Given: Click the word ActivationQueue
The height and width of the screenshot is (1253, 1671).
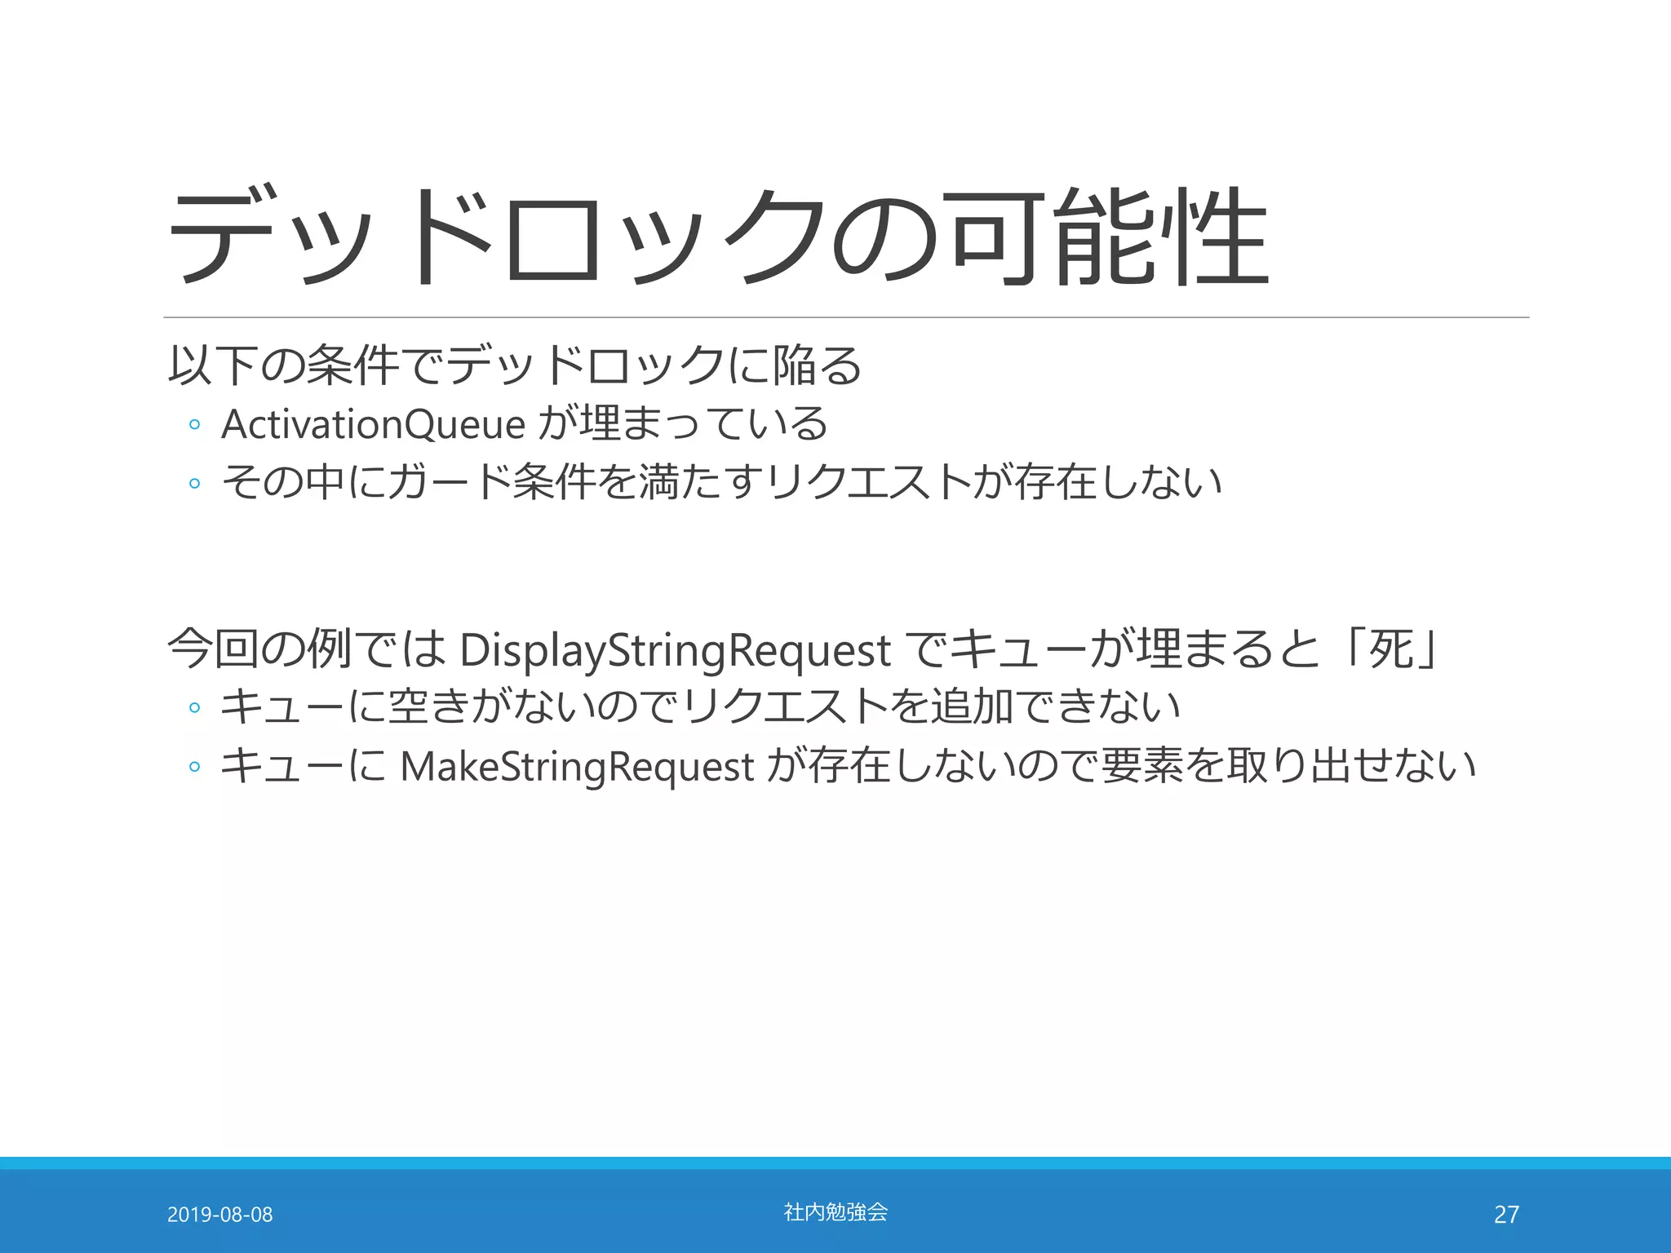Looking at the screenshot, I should (x=373, y=424).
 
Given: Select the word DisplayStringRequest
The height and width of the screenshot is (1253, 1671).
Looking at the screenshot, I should (x=675, y=650).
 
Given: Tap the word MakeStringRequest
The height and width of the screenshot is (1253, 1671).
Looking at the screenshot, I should (x=577, y=767).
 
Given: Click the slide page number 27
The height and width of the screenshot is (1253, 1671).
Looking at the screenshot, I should (x=1506, y=1215).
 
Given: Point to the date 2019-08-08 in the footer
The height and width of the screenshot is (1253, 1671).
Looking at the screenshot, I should (x=219, y=1215).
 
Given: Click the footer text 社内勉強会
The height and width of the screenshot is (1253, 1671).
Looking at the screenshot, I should (x=835, y=1212).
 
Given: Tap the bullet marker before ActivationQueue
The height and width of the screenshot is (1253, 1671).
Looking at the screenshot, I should (x=194, y=425).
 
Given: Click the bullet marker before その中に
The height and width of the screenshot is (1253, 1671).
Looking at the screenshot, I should (x=194, y=483).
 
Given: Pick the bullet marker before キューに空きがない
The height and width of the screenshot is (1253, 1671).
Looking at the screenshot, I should (x=194, y=707).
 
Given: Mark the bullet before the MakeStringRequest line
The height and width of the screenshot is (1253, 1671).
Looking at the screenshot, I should (x=194, y=767).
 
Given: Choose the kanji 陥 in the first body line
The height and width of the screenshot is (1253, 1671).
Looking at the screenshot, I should (x=792, y=365).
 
